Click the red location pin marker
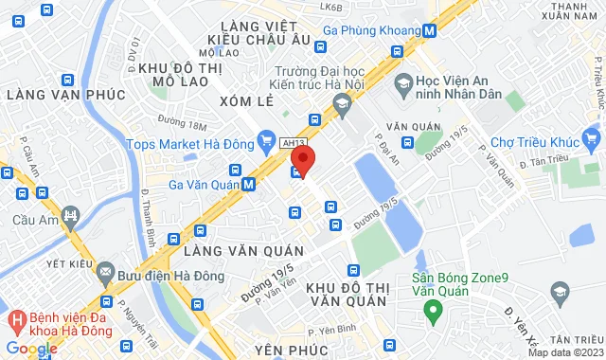tap(302, 156)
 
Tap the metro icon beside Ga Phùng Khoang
tap(430, 29)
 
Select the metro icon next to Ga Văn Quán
tap(249, 185)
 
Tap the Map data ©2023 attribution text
tap(564, 353)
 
